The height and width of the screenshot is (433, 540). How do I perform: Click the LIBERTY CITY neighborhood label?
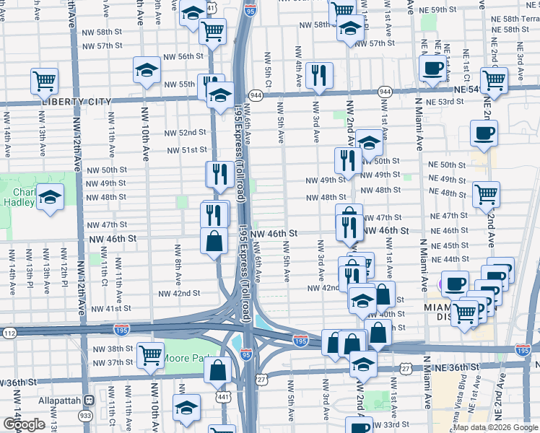(77, 101)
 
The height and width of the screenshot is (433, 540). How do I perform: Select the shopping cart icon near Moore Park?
(150, 354)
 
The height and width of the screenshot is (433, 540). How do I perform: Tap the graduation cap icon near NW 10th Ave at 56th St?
(147, 70)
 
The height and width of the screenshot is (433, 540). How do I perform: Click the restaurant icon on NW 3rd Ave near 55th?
(318, 74)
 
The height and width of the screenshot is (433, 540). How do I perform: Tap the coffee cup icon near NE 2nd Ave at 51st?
(484, 132)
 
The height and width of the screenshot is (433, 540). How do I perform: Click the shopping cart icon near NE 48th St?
(487, 193)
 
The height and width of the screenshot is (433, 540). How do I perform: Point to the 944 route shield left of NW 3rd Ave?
(256, 95)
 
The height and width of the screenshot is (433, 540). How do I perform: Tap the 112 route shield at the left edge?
(8, 333)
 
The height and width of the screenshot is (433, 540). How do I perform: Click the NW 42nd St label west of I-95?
(179, 294)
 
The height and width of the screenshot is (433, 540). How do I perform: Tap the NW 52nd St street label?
(186, 133)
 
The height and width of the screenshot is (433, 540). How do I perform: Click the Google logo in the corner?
(24, 424)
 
